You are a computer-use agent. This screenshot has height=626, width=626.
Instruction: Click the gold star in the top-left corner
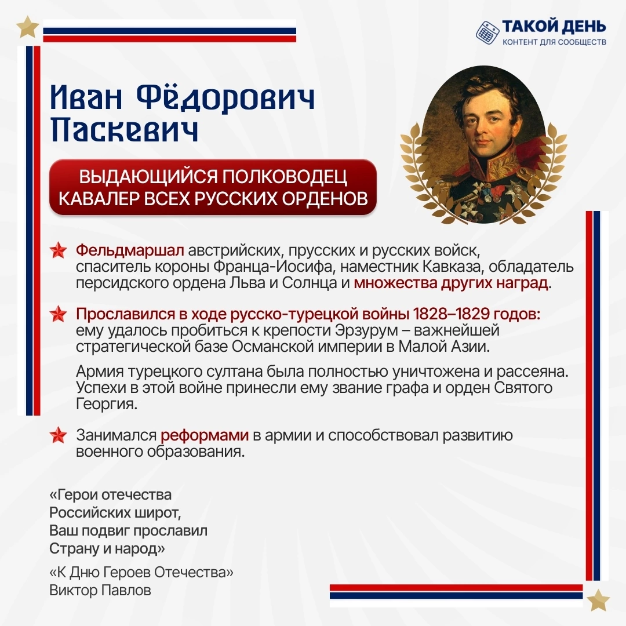coord(28,27)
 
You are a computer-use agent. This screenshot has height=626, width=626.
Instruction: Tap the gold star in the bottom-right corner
coord(598,599)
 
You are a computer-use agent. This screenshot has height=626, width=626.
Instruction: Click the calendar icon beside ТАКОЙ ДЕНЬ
coord(487,32)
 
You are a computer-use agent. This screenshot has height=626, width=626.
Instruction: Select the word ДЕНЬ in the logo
coord(583,26)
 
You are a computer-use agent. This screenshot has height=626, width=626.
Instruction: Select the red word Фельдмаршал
coord(130,250)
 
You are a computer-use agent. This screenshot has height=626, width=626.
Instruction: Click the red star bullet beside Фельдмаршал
coord(59,250)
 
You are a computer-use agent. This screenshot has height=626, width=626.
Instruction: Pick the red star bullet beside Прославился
coord(59,314)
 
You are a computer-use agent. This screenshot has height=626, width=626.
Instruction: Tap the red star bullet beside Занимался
coord(59,435)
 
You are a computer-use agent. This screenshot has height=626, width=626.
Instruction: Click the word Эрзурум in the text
coord(367,330)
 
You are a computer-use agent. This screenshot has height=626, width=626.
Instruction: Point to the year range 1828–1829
coord(451,314)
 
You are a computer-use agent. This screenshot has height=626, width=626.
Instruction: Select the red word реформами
coord(205,435)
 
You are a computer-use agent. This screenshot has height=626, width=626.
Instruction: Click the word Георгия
coord(107,405)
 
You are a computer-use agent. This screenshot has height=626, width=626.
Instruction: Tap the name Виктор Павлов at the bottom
coord(100,590)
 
